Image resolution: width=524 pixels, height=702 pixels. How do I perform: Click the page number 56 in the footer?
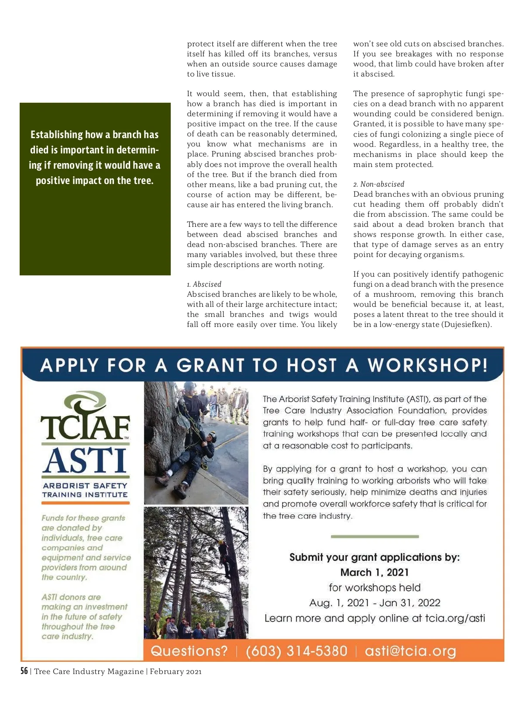pos(24,671)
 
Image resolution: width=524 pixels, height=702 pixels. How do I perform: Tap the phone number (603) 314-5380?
pos(296,651)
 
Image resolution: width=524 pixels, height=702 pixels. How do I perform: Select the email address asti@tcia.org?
pos(410,651)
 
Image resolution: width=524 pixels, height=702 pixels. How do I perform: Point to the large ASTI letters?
pos(85,461)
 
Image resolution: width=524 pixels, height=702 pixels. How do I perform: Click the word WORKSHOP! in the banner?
pos(427,365)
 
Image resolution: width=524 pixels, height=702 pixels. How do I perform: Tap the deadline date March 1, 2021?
pos(374,572)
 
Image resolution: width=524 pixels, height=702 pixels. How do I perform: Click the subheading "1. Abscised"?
pos(204,284)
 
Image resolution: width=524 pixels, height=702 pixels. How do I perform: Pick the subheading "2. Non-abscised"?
pos(379,184)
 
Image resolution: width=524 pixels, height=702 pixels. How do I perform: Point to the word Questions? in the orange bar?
pos(189,651)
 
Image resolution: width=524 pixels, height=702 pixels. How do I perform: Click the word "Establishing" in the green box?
pos(57,135)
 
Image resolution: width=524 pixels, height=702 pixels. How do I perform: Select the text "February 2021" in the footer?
pos(176,671)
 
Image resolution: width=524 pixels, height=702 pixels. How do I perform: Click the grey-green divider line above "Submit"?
pos(375,536)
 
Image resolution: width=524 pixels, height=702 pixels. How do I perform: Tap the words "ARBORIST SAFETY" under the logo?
pos(85,486)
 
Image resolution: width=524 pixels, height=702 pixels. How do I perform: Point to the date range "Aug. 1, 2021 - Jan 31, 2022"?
pos(375,603)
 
